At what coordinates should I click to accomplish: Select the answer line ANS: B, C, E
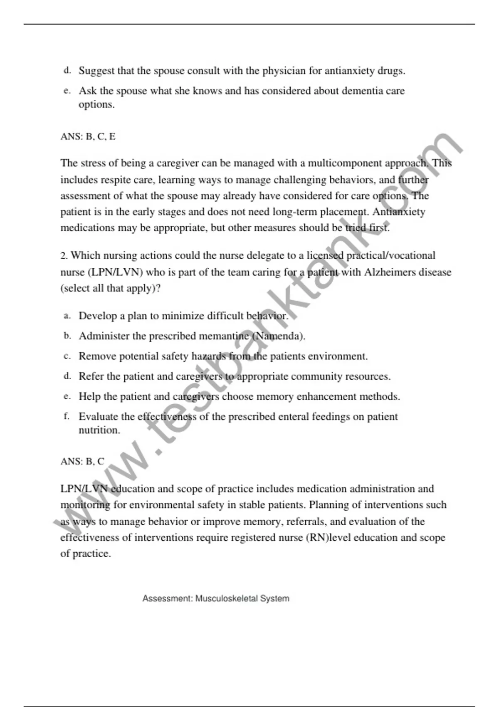click(88, 136)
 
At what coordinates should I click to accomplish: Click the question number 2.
click(64, 256)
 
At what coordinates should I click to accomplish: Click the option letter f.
click(67, 416)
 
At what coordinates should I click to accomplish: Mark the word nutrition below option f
click(99, 430)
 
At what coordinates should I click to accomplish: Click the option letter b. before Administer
click(67, 336)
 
